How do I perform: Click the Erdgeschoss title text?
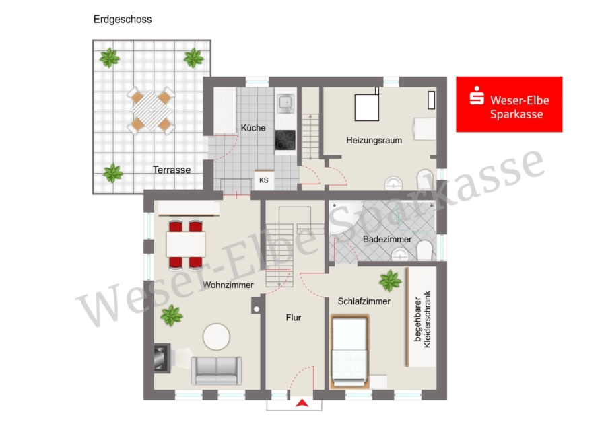[x=123, y=20]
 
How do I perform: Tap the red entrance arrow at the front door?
[x=302, y=403]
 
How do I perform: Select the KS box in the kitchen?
[x=264, y=180]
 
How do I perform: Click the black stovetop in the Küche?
[x=285, y=140]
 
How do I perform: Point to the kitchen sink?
[x=285, y=104]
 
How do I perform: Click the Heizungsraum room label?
[x=374, y=140]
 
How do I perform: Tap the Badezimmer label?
[x=387, y=239]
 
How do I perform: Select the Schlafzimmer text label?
[x=364, y=301]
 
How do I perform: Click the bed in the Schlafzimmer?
[x=349, y=351]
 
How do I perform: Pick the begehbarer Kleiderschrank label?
[x=422, y=319]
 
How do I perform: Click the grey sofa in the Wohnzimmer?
[x=216, y=370]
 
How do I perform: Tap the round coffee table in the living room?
[x=216, y=336]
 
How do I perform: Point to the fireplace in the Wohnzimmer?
[x=162, y=358]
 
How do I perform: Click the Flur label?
[x=294, y=318]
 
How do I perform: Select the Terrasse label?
[x=172, y=170]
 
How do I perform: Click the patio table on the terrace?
[x=151, y=110]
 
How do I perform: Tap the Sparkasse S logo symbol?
[x=477, y=96]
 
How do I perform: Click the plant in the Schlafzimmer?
[x=390, y=281]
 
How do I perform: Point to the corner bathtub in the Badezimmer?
[x=346, y=217]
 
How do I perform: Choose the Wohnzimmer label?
[x=228, y=285]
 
